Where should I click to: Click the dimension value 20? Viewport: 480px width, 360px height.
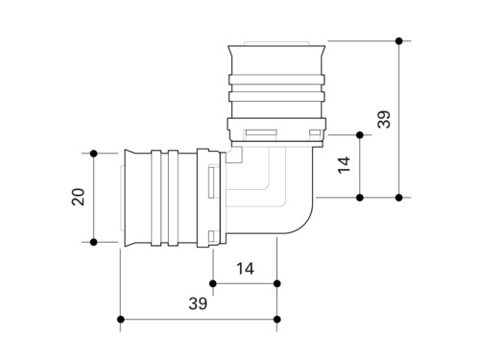coord(79,197)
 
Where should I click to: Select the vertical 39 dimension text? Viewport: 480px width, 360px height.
coord(384,119)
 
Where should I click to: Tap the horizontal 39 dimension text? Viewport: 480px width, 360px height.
coord(198,303)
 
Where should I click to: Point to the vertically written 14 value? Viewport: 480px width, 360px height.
coord(345,165)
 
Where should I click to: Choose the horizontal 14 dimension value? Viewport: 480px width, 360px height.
coord(245,269)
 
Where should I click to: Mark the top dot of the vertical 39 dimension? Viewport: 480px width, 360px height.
coord(398,41)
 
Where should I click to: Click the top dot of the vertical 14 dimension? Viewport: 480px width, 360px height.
coord(360,135)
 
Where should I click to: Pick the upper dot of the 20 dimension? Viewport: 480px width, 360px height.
coord(93,154)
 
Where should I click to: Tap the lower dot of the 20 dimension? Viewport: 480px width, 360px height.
coord(93,242)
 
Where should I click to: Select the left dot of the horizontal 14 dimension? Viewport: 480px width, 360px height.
coord(213,283)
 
